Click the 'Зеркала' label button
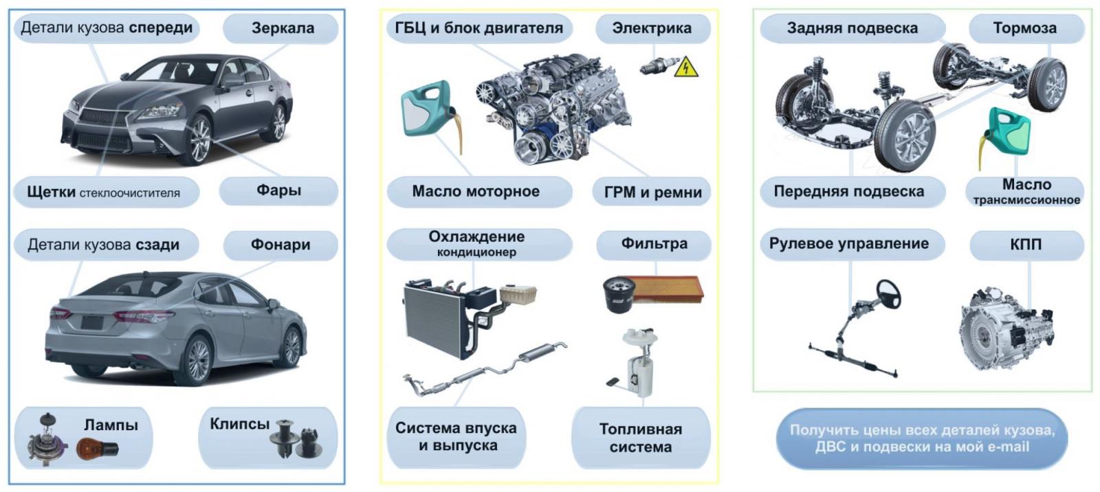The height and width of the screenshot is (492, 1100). [x=281, y=28]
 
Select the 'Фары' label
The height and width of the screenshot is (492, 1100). [x=278, y=190]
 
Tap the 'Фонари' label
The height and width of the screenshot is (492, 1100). [x=280, y=245]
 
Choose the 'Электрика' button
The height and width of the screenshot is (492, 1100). [x=652, y=28]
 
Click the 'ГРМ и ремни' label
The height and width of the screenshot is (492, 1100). [x=652, y=192]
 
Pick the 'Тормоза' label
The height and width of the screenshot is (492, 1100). [x=1026, y=28]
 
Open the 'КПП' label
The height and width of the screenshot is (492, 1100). [x=1026, y=245]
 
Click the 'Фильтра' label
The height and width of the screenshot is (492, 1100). [x=654, y=244]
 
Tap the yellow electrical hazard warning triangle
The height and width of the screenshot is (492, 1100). [x=686, y=68]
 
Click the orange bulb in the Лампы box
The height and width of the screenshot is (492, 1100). [x=97, y=448]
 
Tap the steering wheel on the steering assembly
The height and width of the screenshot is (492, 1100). [x=888, y=294]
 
